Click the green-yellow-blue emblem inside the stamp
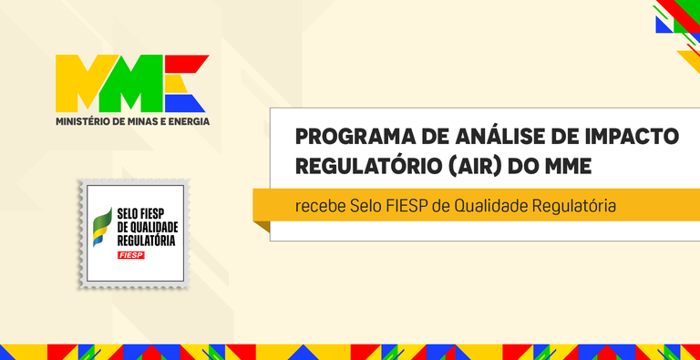[103, 228]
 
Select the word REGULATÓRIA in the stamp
[147, 241]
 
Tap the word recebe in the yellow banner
[320, 205]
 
